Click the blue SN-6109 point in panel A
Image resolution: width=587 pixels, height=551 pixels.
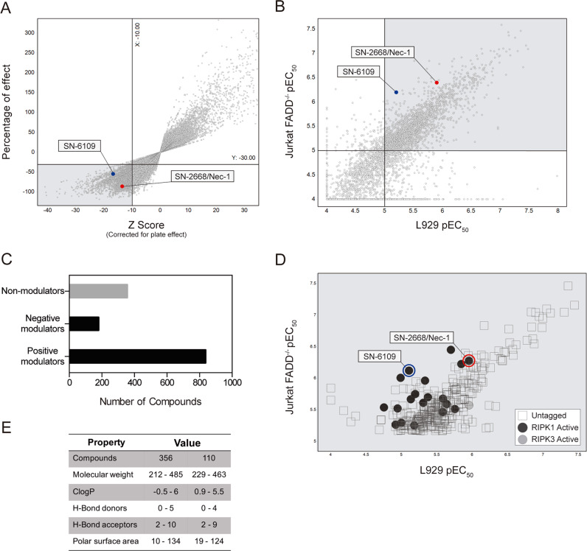(113, 174)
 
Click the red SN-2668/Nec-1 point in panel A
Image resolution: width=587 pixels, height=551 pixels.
(122, 186)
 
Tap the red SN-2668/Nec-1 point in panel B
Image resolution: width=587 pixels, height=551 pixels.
(437, 83)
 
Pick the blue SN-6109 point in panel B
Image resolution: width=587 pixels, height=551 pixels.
(396, 92)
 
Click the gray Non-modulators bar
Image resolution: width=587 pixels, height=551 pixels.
(99, 291)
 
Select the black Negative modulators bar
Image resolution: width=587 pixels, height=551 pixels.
(84, 323)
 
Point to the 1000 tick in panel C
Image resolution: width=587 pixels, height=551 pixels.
(232, 383)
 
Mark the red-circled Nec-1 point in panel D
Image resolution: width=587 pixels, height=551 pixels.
(469, 360)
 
